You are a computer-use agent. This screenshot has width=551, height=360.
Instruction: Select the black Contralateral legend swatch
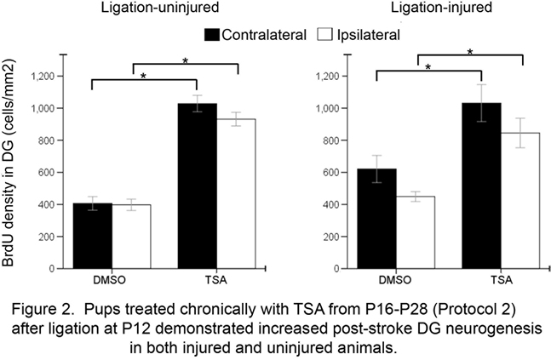[x=211, y=35]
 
